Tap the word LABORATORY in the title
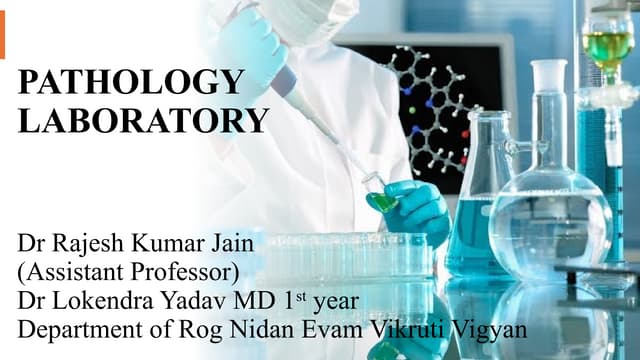pyautogui.click(x=144, y=122)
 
